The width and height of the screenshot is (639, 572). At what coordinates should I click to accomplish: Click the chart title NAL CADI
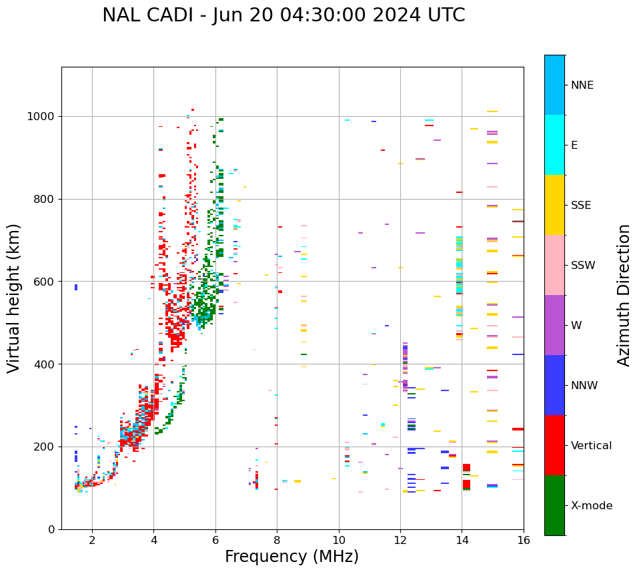coord(283,15)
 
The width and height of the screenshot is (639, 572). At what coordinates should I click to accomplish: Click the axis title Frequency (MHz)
coord(291,557)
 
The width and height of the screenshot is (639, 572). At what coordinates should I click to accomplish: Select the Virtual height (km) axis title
coord(14,298)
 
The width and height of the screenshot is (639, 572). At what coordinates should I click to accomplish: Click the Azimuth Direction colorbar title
coord(624,295)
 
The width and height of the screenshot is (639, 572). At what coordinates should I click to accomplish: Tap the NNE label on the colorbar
coord(582,85)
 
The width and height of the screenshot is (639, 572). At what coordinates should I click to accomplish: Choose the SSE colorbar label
coord(581,206)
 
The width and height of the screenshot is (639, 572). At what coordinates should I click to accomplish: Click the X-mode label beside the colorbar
coord(592,506)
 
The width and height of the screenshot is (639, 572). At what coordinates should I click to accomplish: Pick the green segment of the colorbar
coord(554,505)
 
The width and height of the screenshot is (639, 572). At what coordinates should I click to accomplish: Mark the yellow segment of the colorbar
coord(554,205)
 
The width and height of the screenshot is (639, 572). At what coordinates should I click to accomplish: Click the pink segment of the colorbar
coord(554,265)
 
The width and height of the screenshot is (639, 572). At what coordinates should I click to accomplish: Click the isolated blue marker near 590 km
coord(76,287)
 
